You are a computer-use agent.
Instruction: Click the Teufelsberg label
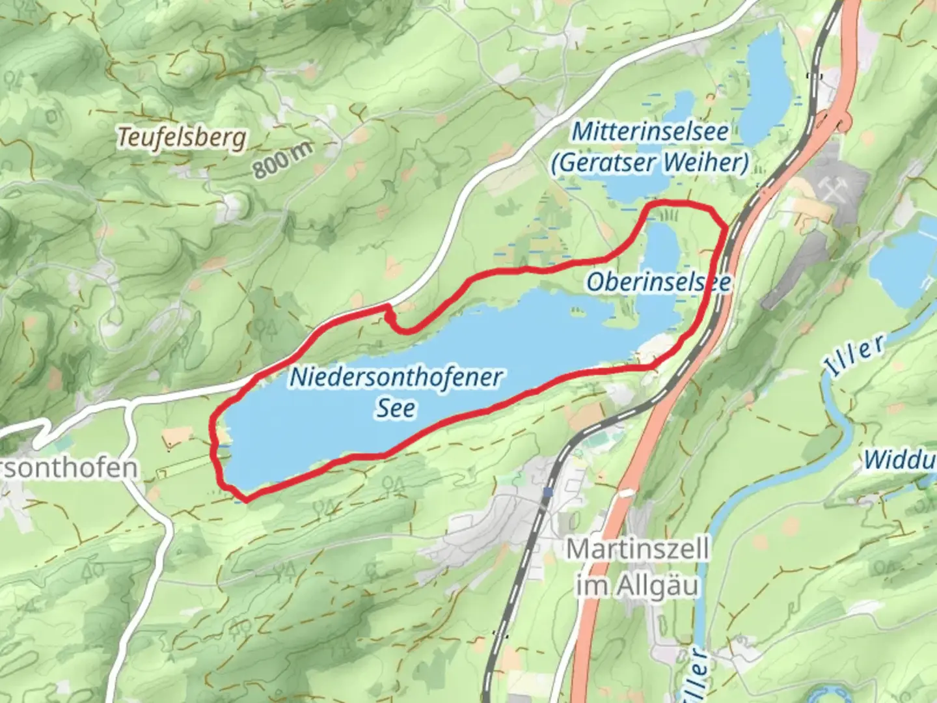pos(182,137)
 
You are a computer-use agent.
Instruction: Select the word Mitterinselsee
pos(650,131)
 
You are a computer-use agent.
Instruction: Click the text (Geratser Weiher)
pos(650,162)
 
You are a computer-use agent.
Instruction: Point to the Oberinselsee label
pos(658,282)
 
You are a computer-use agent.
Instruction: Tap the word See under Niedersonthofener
pos(396,408)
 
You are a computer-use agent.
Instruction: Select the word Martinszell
pos(637,549)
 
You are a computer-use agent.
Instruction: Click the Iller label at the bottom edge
pos(694,677)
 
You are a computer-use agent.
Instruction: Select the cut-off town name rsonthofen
pos(68,467)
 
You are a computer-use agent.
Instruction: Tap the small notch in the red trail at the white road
pos(390,317)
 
